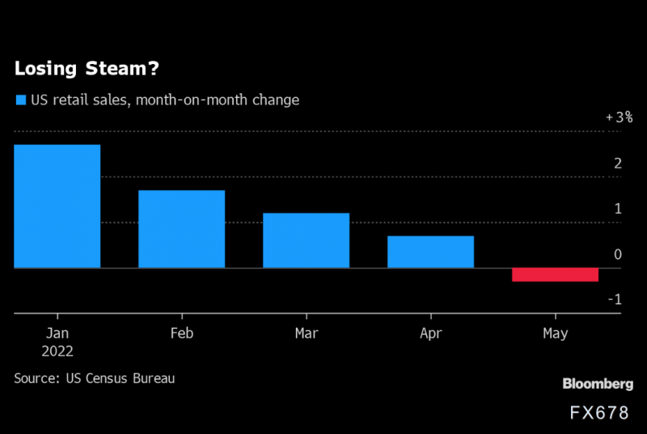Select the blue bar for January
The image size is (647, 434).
click(57, 206)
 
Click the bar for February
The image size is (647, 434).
click(181, 229)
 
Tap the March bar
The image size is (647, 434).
click(306, 240)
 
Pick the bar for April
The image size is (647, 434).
click(430, 252)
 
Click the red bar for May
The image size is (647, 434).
click(555, 274)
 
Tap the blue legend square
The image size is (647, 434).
click(19, 101)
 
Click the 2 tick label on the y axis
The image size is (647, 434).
click(618, 163)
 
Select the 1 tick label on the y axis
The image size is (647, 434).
click(618, 209)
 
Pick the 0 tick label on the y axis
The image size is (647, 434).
click(618, 254)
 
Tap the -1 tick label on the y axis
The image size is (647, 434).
click(615, 300)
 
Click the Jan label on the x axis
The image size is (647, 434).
click(57, 333)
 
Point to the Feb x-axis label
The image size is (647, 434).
click(181, 333)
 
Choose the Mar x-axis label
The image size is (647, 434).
click(306, 333)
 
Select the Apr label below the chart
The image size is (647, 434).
click(430, 333)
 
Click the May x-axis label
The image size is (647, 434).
click(555, 333)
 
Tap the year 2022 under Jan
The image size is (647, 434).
click(57, 351)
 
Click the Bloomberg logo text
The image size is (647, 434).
click(598, 384)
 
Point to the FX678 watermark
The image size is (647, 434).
click(598, 413)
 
